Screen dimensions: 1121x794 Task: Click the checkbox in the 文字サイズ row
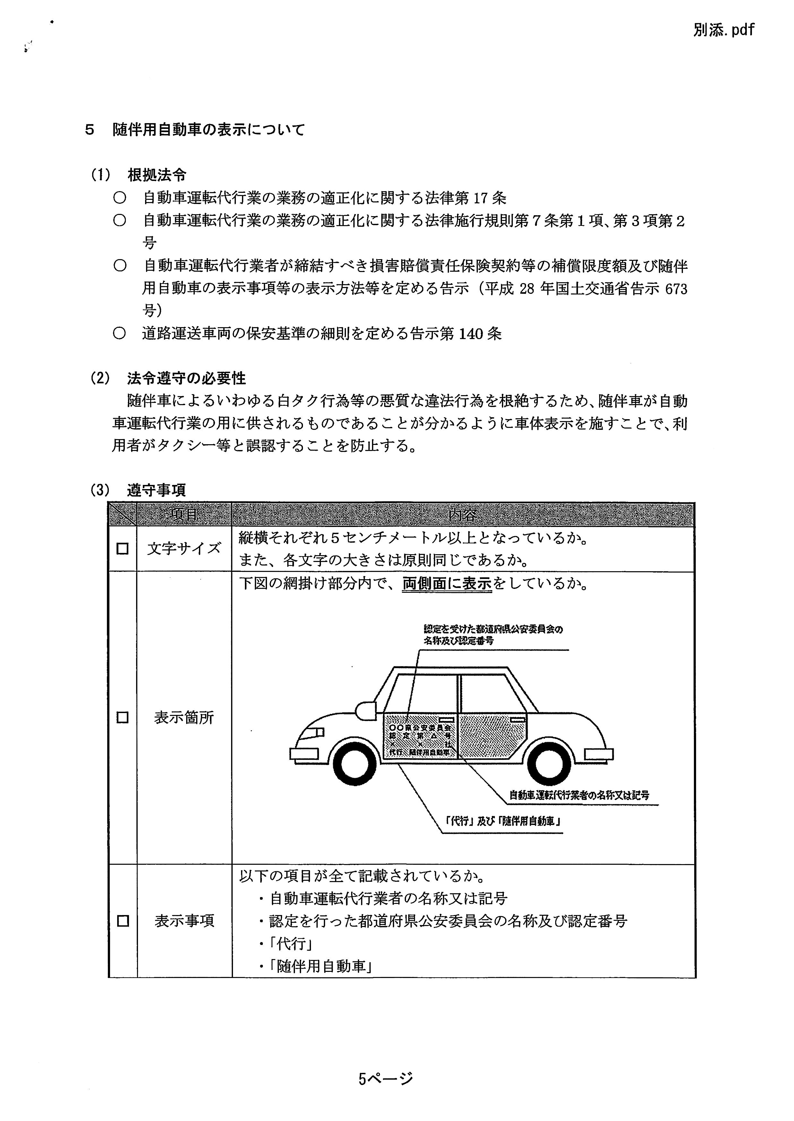pos(122,549)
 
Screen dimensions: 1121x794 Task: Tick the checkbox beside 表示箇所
pos(122,718)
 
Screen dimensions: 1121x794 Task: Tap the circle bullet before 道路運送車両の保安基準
pos(119,334)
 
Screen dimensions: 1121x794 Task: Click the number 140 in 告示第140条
pos(473,334)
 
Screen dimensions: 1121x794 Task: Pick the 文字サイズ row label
pos(184,549)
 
